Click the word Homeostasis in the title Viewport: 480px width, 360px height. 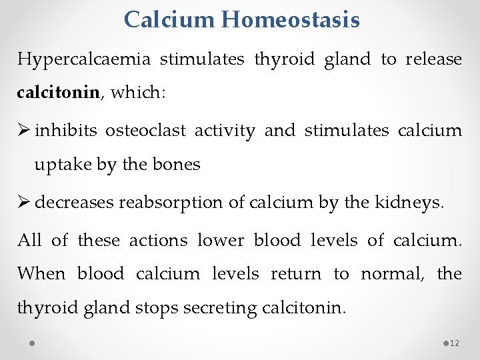[291, 19]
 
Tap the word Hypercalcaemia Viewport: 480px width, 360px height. [83, 60]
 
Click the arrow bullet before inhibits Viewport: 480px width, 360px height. [24, 131]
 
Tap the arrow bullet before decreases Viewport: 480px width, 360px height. [24, 203]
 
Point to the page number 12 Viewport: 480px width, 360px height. [455, 343]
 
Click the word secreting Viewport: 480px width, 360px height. [225, 309]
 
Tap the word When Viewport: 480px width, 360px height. [41, 273]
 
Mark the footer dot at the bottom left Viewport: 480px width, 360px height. [32, 343]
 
